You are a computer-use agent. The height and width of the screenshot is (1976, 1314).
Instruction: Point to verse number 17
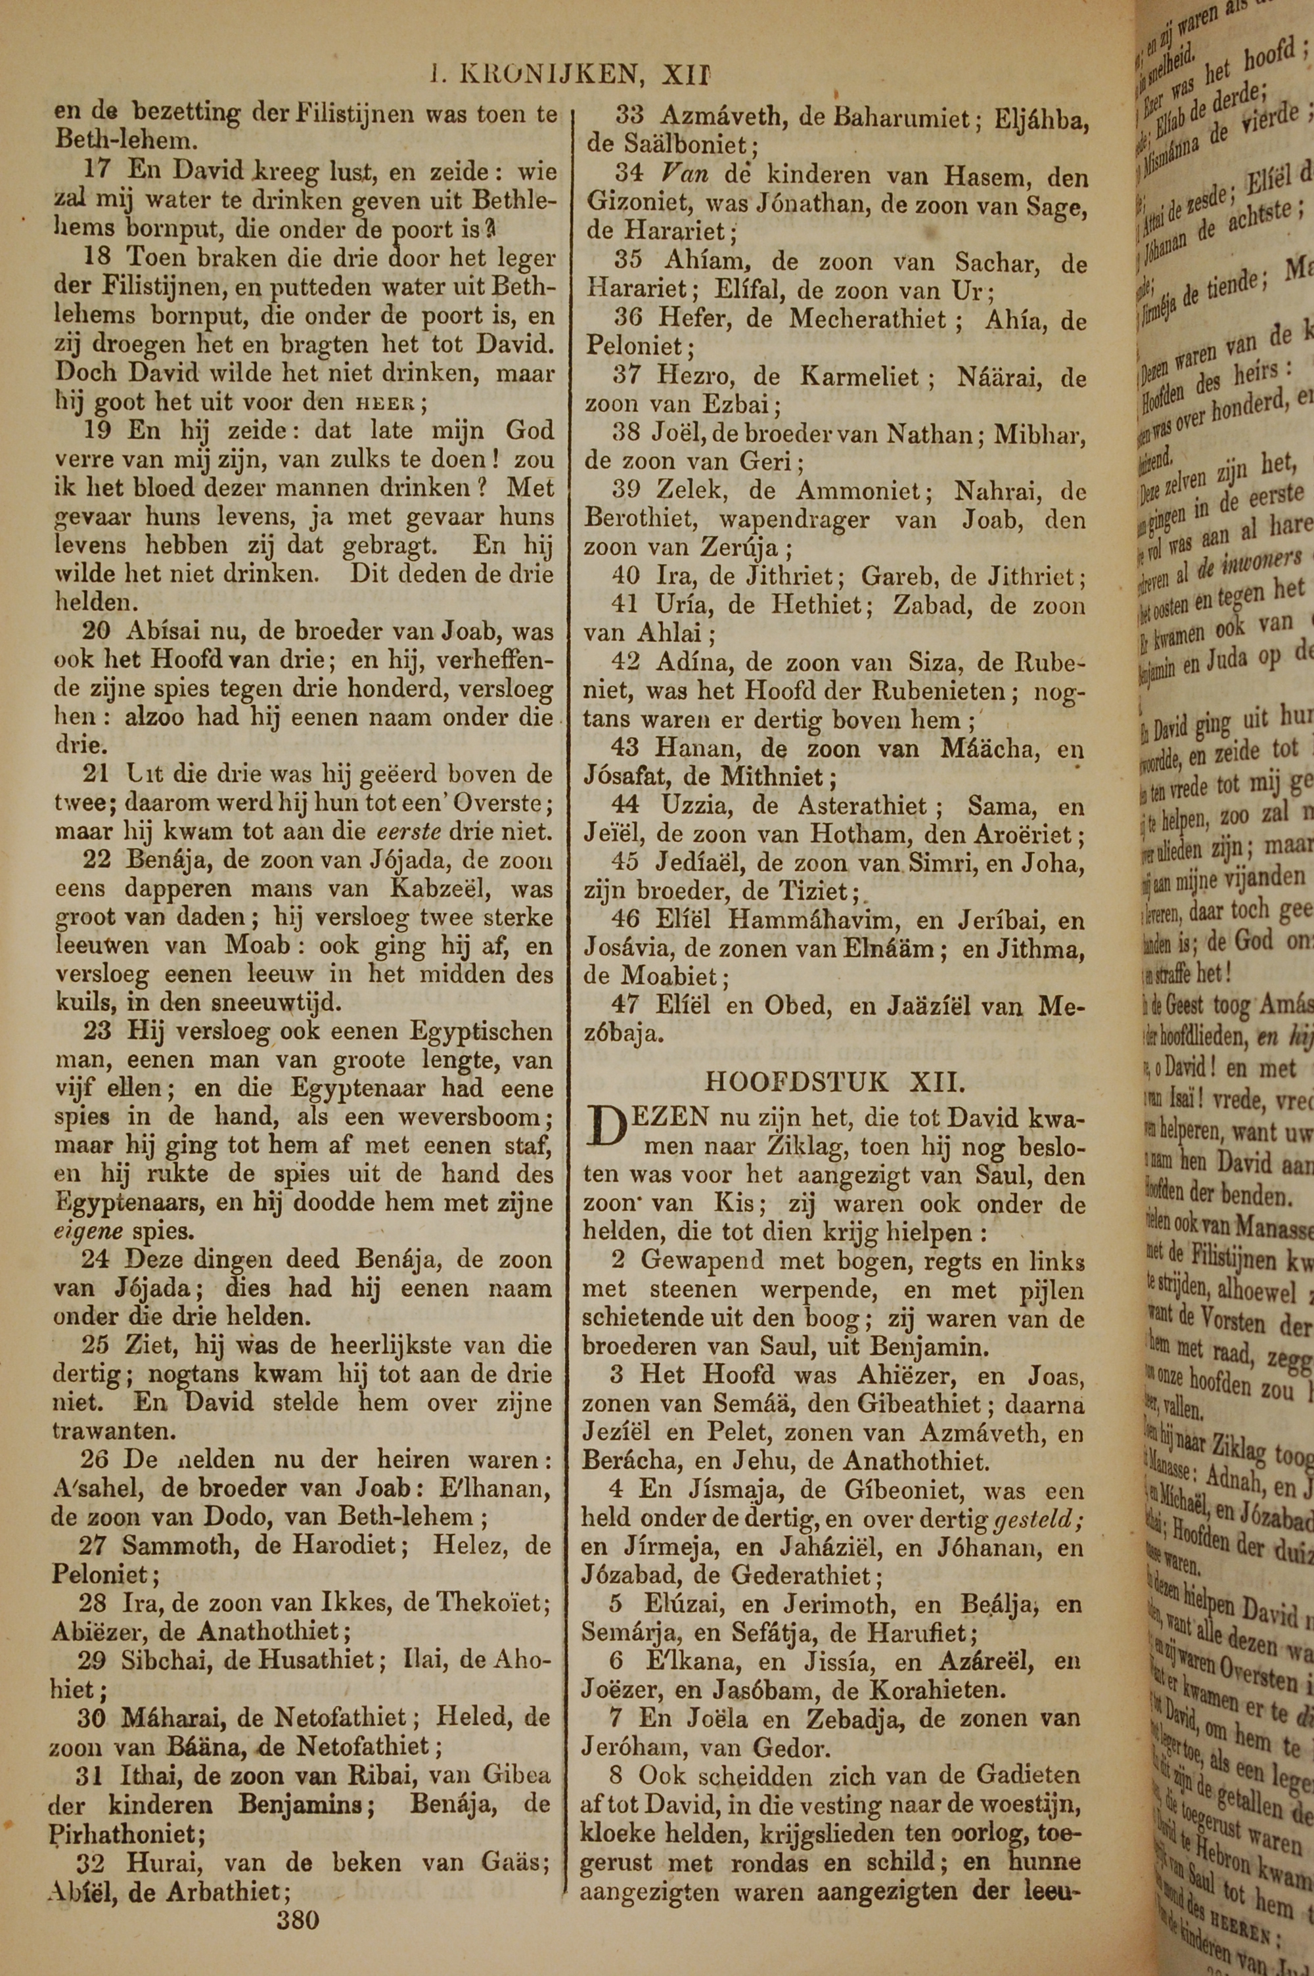click(x=97, y=171)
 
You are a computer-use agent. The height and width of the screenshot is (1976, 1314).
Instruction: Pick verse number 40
click(x=626, y=575)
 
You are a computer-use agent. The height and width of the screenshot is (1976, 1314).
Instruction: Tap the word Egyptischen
click(x=481, y=1031)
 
